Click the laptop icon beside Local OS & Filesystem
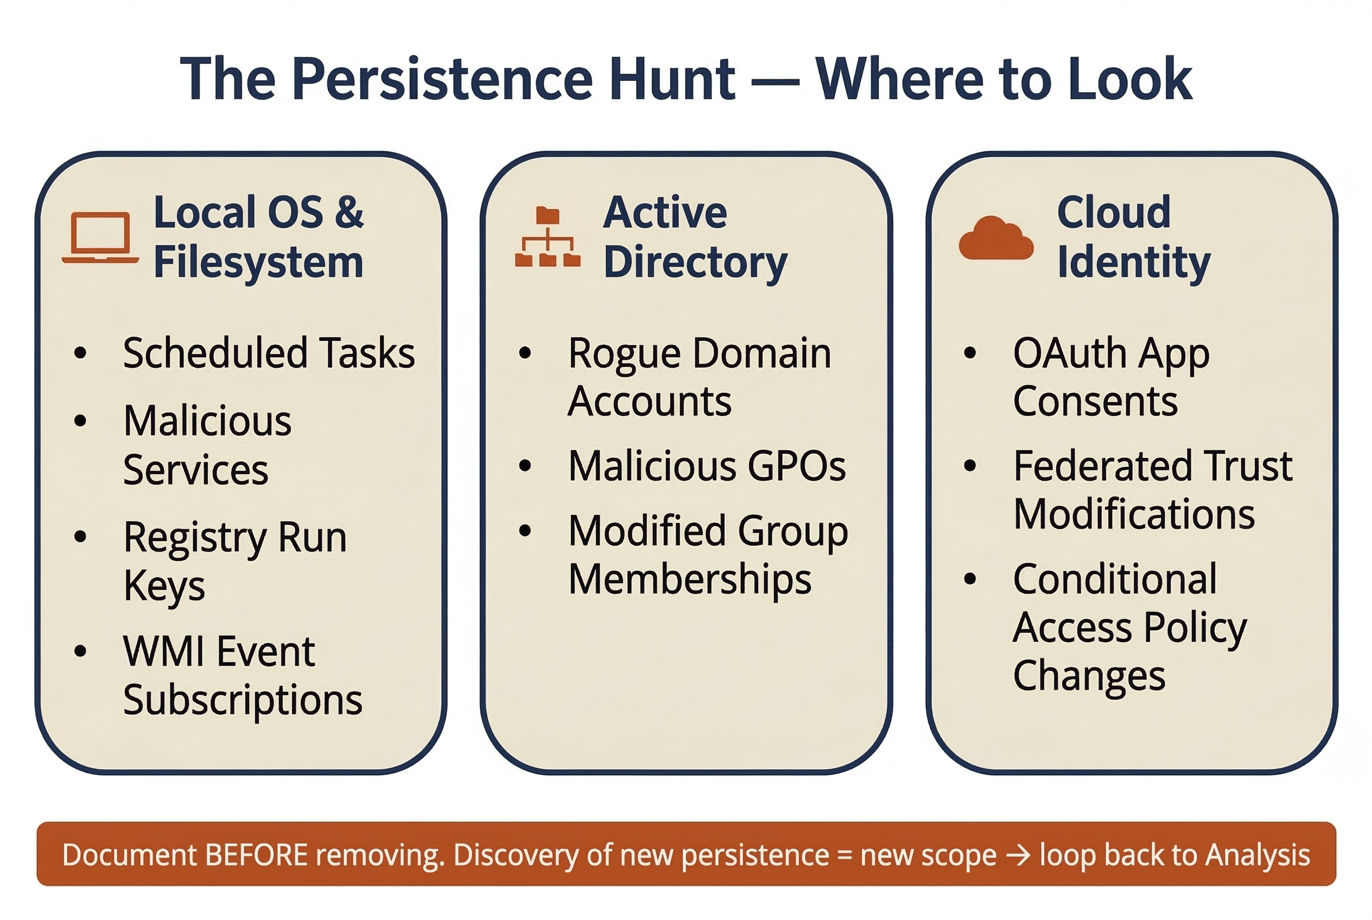[x=100, y=237]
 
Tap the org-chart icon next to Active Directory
[x=547, y=237]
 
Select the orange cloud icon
[x=996, y=238]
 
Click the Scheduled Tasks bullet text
[x=269, y=353]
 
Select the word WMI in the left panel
[x=156, y=651]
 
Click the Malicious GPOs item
[x=707, y=466]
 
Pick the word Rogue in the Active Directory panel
[x=617, y=354]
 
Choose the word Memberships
[x=690, y=579]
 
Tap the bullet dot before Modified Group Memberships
[x=525, y=531]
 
